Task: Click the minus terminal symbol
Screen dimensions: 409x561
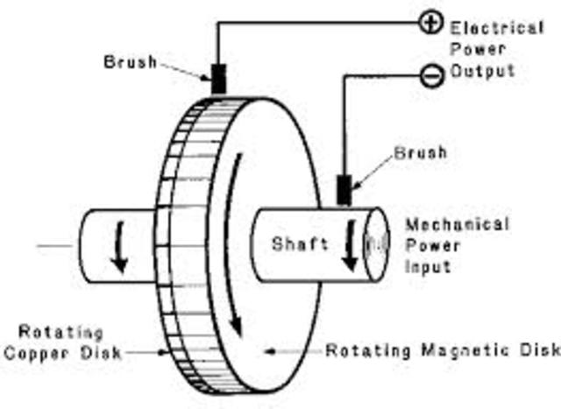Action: point(430,76)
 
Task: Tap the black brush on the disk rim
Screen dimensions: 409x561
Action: point(218,80)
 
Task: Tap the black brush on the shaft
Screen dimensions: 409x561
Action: point(344,190)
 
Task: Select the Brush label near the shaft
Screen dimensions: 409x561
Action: point(420,152)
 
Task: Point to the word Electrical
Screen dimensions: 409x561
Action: point(497,28)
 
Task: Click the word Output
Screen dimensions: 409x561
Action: point(482,71)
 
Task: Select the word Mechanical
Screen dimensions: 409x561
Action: point(456,224)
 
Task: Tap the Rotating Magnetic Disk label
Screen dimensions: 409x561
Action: point(443,351)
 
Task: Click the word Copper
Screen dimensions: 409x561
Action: point(37,354)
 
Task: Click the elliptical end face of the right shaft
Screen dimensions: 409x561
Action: point(377,245)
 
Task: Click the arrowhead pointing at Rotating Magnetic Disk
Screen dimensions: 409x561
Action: point(271,351)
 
